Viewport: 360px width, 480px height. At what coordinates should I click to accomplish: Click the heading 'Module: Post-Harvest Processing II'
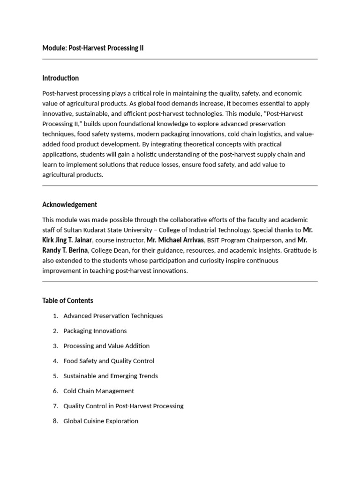pyautogui.click(x=93, y=48)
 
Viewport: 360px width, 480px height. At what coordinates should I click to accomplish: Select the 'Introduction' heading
pyautogui.click(x=60, y=78)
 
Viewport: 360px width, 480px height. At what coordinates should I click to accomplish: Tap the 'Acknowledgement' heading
pyautogui.click(x=69, y=204)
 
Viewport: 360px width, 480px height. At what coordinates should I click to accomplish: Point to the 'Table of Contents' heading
pyautogui.click(x=67, y=300)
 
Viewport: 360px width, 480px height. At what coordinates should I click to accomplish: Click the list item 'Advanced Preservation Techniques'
pyautogui.click(x=113, y=316)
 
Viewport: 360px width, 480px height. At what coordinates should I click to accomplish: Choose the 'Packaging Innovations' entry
pyautogui.click(x=95, y=331)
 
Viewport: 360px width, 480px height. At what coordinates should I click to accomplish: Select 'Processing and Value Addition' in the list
pyautogui.click(x=106, y=346)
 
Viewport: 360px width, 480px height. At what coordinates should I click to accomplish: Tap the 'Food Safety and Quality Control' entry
pyautogui.click(x=108, y=361)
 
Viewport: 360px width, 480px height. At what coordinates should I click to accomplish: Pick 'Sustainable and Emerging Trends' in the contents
pyautogui.click(x=110, y=376)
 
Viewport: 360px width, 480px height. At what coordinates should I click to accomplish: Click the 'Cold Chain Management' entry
pyautogui.click(x=98, y=391)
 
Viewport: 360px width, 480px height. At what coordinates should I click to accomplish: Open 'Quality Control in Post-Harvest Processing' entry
pyautogui.click(x=123, y=406)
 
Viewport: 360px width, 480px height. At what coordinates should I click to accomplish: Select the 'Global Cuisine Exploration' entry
pyautogui.click(x=101, y=421)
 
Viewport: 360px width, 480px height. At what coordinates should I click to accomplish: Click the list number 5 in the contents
pyautogui.click(x=55, y=376)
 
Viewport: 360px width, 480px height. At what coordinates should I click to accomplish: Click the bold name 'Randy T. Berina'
pyautogui.click(x=65, y=250)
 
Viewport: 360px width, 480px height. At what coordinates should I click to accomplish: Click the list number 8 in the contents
pyautogui.click(x=55, y=421)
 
